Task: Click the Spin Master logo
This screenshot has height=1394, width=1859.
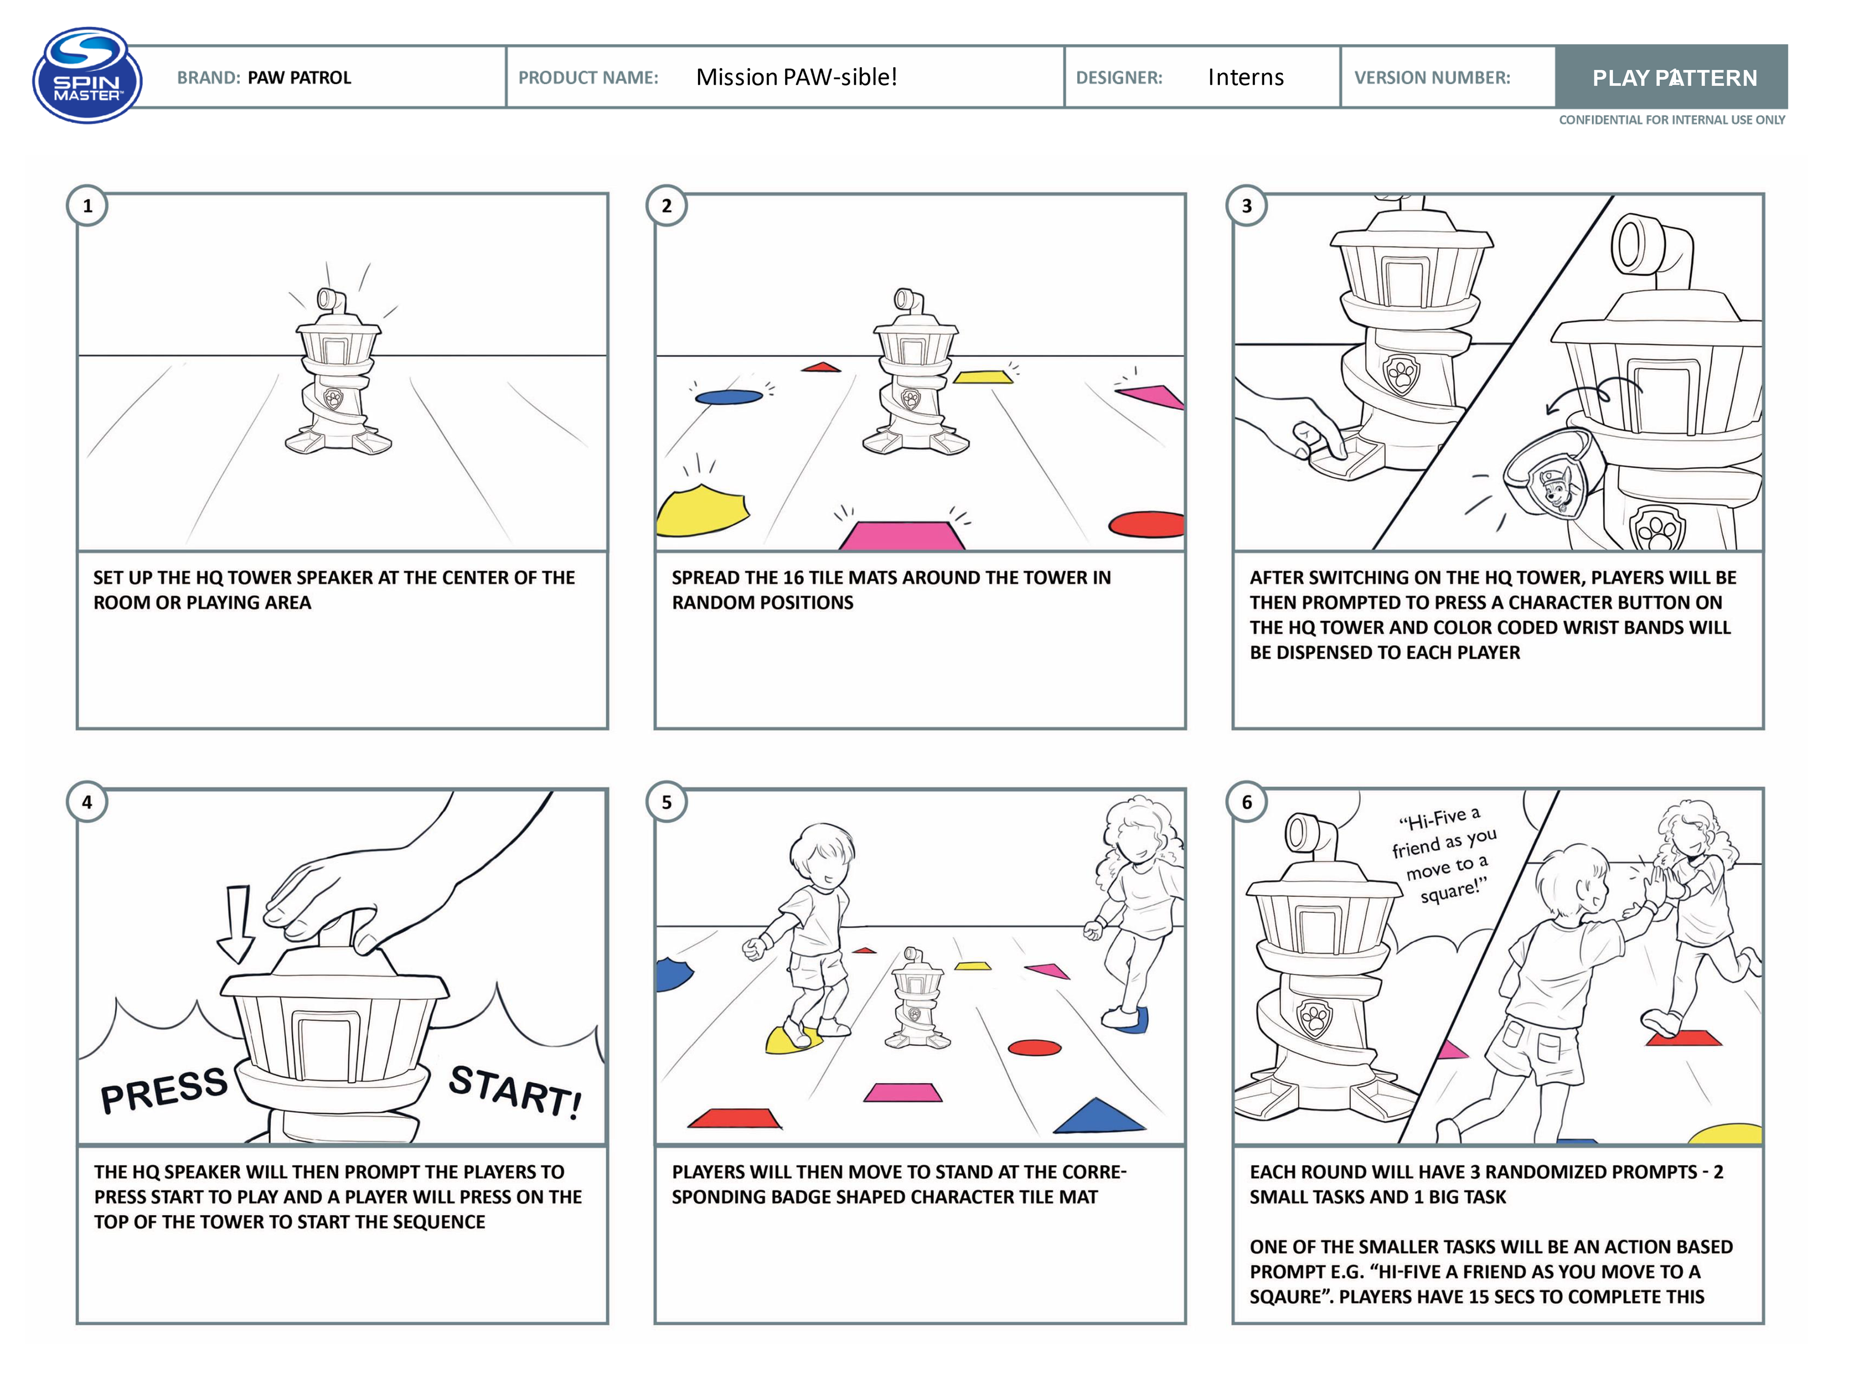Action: tap(88, 76)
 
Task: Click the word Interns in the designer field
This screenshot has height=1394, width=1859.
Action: tap(1246, 77)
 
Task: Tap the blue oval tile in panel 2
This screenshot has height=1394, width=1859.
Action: tap(729, 396)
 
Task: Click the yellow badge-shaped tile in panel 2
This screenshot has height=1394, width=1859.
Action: tap(702, 510)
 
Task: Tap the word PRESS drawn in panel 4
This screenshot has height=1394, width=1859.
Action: tap(164, 1090)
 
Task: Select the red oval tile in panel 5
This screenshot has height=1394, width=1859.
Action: tap(1035, 1047)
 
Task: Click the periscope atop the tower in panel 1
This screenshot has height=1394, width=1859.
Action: tap(330, 299)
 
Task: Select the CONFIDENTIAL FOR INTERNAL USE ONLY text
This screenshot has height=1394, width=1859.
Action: tap(1672, 120)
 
